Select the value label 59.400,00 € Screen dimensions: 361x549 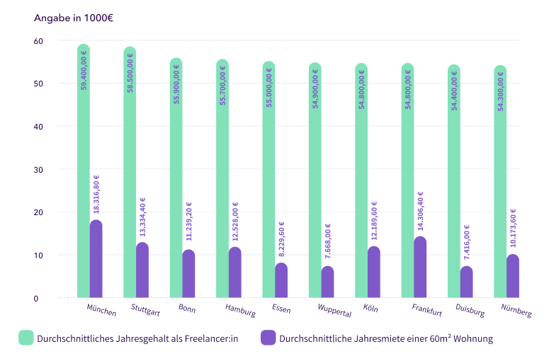point(84,71)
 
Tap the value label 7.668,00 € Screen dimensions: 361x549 point(327,241)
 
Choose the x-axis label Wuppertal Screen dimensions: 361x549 point(334,311)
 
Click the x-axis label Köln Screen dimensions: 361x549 point(370,309)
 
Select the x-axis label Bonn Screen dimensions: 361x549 point(187,309)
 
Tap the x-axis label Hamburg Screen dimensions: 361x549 point(240,310)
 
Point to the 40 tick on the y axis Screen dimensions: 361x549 point(38,127)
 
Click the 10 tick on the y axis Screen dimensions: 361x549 point(38,256)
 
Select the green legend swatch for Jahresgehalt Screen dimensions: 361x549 point(26,338)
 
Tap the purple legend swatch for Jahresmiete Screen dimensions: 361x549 point(268,338)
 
